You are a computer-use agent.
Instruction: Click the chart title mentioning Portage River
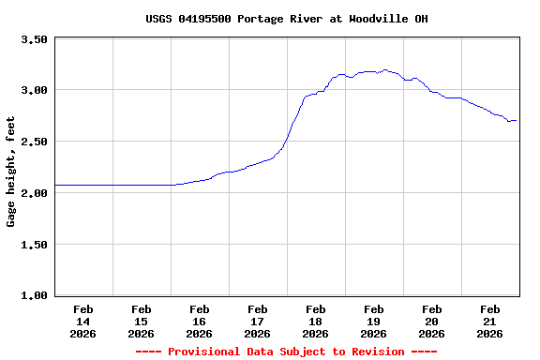coord(287,19)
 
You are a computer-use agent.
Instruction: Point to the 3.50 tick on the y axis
coord(34,39)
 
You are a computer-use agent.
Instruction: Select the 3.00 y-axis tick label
coord(34,91)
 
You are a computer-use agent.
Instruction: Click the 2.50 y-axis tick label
coord(34,142)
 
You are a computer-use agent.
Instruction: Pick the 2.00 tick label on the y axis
coord(34,193)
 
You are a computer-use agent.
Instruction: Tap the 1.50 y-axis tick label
coord(34,245)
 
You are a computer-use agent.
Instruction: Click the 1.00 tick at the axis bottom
coord(34,295)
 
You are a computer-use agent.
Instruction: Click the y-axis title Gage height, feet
coord(11,172)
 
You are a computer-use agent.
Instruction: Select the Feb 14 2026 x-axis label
coord(82,321)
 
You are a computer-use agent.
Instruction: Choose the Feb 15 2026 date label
coord(141,321)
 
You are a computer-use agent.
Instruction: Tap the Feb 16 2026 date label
coord(199,321)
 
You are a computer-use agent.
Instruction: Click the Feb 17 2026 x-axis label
coord(257,321)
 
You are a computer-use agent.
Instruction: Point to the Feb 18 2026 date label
coord(315,321)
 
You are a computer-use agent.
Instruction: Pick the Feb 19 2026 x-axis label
coord(373,321)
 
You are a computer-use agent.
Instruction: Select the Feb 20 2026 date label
coord(431,321)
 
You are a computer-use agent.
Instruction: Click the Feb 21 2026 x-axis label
coord(489,321)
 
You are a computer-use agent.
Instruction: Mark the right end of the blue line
coord(517,120)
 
